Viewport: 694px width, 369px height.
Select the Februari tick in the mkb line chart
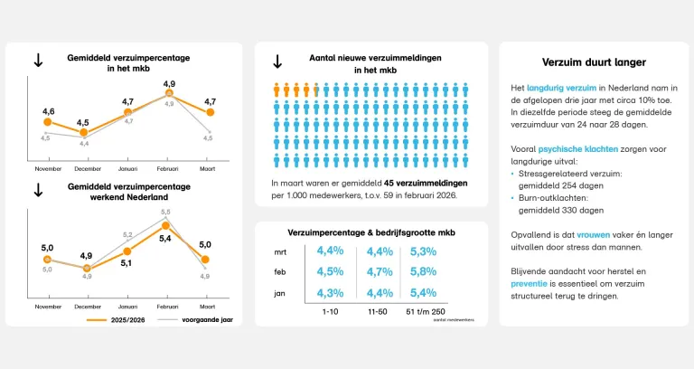point(169,168)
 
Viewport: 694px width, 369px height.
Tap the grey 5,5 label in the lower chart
point(165,213)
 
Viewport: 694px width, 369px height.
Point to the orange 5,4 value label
point(165,239)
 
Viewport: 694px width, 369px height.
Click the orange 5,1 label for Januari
point(127,263)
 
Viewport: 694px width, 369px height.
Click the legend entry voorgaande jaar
point(207,319)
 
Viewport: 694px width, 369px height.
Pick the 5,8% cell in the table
point(424,271)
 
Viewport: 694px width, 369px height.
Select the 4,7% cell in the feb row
point(380,271)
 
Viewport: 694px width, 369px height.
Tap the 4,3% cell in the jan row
point(331,292)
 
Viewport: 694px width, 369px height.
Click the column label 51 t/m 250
point(427,311)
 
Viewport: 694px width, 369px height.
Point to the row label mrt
point(281,251)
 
